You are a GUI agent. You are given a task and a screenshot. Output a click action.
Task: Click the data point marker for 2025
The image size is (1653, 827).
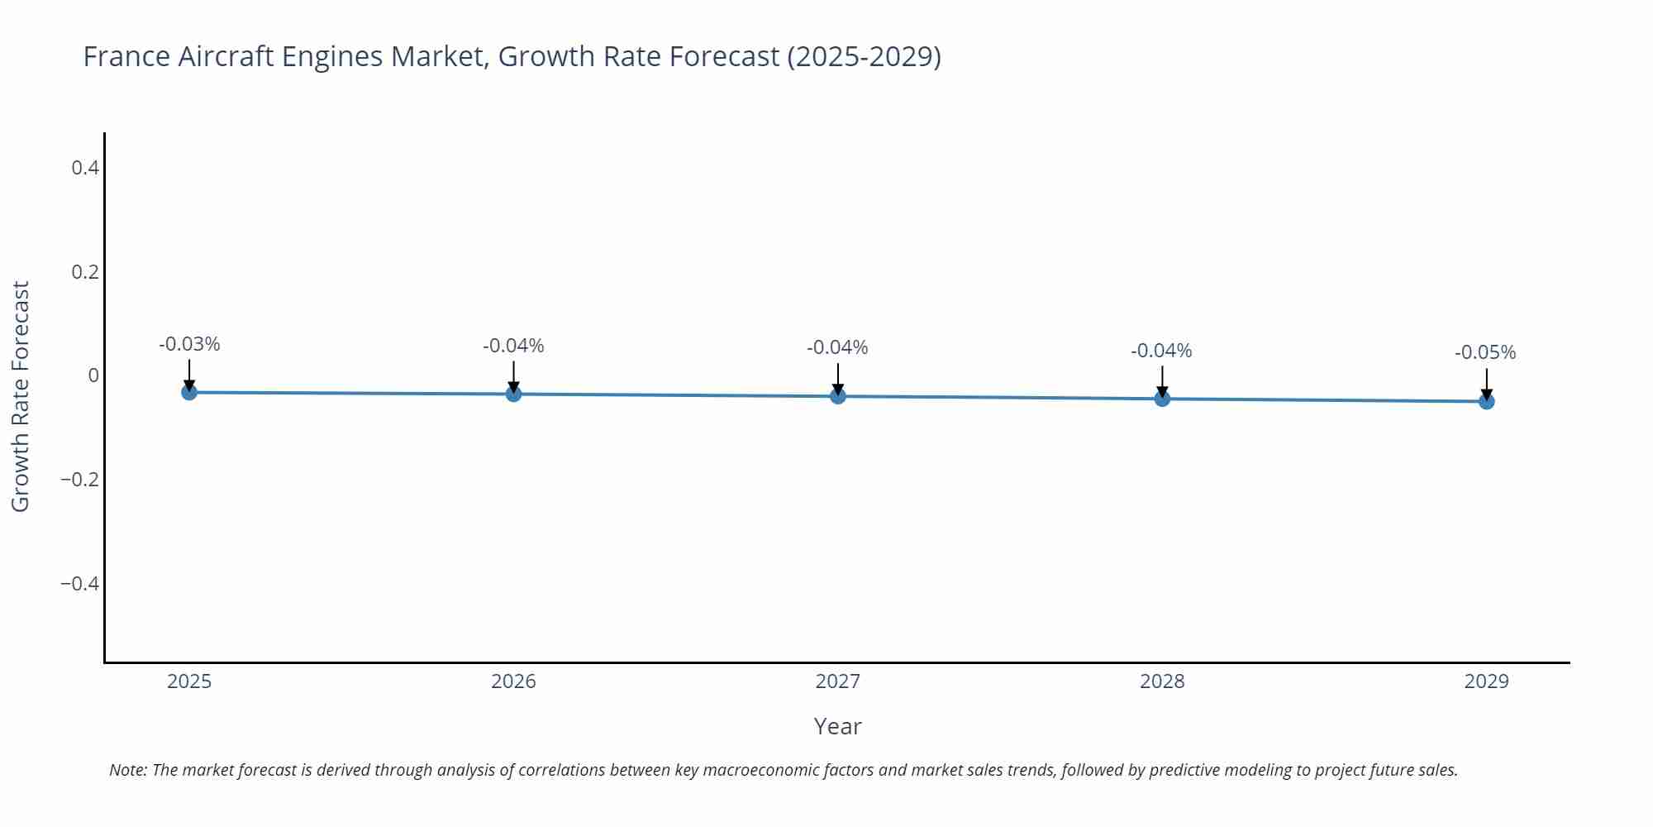189,392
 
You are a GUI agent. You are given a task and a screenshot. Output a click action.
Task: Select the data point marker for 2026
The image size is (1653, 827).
513,394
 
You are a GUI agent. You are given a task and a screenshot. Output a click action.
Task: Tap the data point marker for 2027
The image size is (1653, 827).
838,396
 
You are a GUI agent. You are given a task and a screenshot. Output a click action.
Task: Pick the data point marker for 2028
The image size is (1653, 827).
1162,399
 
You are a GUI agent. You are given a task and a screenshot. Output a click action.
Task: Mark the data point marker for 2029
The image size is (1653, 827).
1486,401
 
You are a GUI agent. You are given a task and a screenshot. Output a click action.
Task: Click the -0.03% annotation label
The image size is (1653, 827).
189,344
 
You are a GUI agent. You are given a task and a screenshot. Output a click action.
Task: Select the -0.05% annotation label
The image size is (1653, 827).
1485,352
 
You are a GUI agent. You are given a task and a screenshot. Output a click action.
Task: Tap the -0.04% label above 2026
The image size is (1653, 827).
513,346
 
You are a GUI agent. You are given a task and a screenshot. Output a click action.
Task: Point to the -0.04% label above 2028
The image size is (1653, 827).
1161,351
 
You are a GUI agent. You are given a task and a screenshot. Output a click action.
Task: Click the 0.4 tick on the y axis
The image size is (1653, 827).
85,168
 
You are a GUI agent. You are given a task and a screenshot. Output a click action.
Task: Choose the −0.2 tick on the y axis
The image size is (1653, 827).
80,480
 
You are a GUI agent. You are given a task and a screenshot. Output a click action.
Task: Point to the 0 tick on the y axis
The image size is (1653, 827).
93,375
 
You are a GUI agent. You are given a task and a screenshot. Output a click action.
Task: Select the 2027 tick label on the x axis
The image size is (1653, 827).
837,681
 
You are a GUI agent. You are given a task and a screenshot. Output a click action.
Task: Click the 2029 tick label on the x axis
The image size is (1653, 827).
1486,681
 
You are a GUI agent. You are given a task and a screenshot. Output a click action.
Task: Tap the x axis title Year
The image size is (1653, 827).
837,726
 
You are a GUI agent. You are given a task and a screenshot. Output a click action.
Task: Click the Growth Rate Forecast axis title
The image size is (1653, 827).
21,396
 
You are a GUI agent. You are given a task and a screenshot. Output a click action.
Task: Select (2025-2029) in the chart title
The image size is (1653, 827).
864,56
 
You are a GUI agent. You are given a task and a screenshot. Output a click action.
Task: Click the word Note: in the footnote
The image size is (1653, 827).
128,770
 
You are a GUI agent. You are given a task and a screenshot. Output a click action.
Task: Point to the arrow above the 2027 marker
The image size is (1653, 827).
838,379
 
